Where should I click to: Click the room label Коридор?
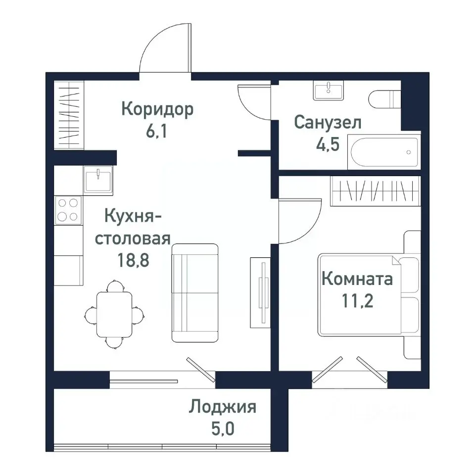(x=157, y=109)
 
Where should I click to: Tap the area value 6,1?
(x=157, y=133)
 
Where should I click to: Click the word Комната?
(x=357, y=279)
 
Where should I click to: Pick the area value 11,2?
(x=357, y=301)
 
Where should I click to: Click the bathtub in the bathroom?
(x=383, y=152)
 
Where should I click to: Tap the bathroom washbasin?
(x=328, y=91)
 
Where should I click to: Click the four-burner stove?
(x=68, y=209)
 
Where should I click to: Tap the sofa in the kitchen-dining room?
(x=195, y=292)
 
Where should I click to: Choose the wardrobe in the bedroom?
(x=375, y=189)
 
